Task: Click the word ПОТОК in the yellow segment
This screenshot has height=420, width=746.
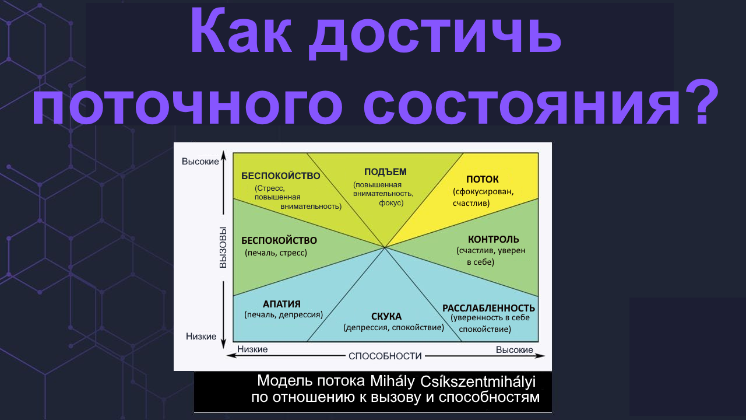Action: pos(483,179)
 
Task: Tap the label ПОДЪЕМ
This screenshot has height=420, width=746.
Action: pos(385,171)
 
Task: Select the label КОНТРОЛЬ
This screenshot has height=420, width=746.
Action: pos(493,239)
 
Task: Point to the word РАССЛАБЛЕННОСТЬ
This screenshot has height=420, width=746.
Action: pos(488,308)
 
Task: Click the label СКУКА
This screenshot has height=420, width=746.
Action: pos(386,316)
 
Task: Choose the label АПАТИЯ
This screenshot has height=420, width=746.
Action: pos(281,303)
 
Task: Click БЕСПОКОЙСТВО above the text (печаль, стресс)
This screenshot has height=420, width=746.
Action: pos(279,240)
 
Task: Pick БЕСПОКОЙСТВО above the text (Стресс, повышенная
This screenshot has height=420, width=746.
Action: pos(280,176)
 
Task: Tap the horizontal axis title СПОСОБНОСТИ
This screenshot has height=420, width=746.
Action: pos(385,356)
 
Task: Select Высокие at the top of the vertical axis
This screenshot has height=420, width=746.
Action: pos(199,161)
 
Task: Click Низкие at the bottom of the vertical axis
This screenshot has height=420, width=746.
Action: pos(201,336)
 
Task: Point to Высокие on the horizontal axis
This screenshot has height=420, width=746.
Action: pos(515,349)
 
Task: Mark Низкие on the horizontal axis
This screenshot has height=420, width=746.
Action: pos(252,349)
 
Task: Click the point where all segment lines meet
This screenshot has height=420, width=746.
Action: pos(385,247)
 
